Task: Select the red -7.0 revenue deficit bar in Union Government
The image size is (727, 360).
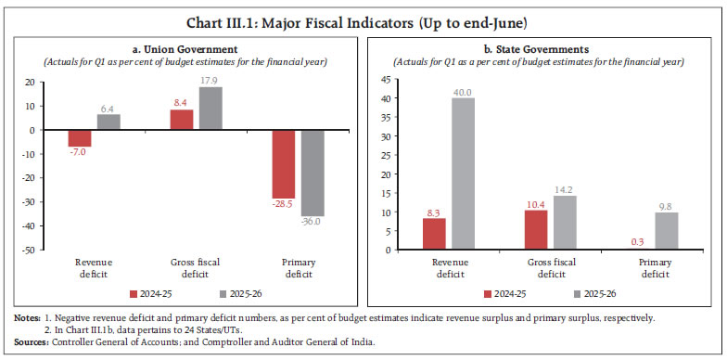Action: [x=80, y=138]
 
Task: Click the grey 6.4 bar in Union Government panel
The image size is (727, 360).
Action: [x=108, y=122]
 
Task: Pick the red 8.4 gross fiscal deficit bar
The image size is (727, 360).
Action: [x=182, y=120]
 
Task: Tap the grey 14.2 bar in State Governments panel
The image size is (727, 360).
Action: [x=566, y=223]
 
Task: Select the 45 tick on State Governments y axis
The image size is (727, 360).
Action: [x=388, y=79]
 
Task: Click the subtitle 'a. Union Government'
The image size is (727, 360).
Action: [x=183, y=50]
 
